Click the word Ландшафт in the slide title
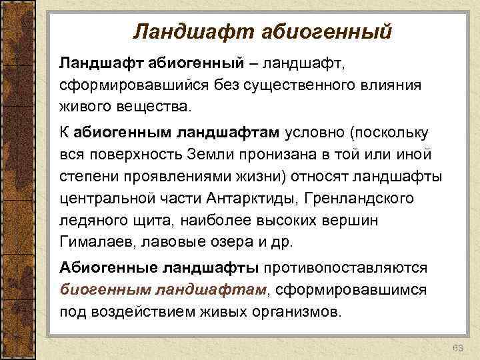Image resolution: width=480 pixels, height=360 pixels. [179, 31]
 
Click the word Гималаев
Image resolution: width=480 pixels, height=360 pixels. [94, 241]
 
